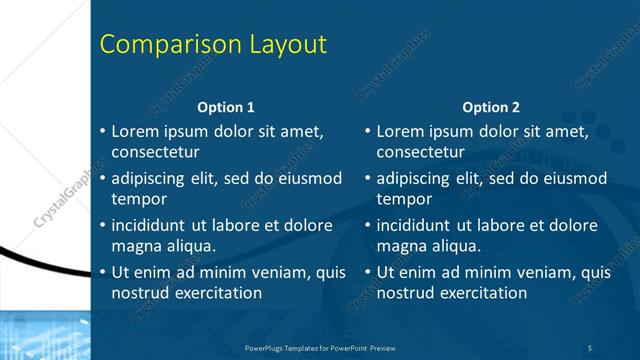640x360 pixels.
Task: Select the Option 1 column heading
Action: coord(225,107)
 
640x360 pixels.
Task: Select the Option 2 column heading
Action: coord(491,107)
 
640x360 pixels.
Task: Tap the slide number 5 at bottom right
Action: coord(590,346)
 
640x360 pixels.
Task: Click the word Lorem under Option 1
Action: coord(135,131)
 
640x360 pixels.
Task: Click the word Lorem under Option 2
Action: coord(401,131)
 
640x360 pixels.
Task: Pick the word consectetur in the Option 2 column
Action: coord(421,153)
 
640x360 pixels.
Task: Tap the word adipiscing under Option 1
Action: coord(153,179)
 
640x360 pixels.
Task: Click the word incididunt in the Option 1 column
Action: coord(153,225)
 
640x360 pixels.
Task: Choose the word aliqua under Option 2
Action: coord(456,246)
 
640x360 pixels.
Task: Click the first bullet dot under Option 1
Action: coord(102,132)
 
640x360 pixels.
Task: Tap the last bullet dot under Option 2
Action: coord(368,273)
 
